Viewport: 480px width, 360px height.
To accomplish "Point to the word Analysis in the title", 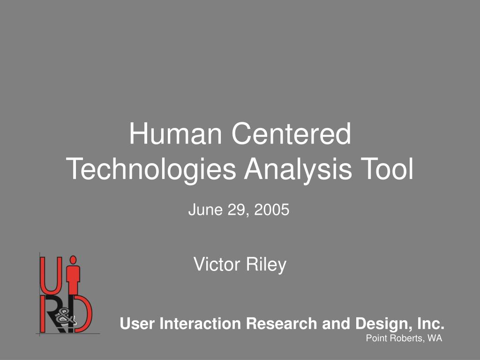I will click(x=298, y=170).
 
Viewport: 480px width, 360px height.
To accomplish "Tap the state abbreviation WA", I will click(x=435, y=338).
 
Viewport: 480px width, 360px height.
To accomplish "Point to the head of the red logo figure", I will click(x=74, y=259).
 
